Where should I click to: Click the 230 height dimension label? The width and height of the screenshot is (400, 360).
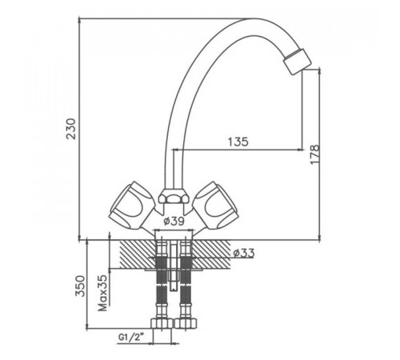point(71,129)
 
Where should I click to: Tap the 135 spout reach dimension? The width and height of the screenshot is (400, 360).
point(238,142)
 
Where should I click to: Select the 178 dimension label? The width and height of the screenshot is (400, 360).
point(314,154)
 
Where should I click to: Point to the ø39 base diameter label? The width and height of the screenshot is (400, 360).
point(174,221)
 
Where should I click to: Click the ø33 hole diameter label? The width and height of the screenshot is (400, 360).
point(244,253)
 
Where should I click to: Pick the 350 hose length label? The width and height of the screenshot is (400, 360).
point(80,286)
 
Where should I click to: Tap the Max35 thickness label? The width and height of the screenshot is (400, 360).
point(102,293)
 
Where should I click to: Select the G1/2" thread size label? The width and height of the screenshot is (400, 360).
point(131,338)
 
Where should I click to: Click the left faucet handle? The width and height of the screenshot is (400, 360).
point(129,206)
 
